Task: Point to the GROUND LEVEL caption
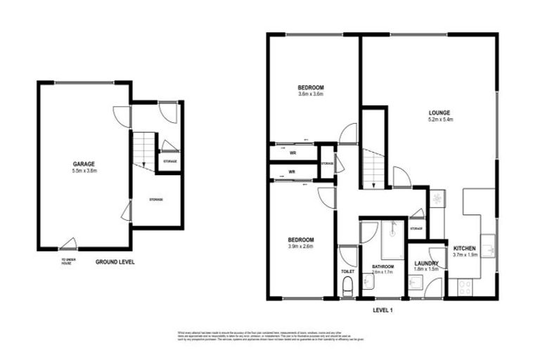(115, 262)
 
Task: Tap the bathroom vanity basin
(368, 283)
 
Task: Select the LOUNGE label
(440, 112)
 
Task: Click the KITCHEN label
(465, 248)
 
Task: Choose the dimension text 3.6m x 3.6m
(309, 94)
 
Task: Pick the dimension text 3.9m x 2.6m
(300, 246)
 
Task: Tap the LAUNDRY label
(426, 263)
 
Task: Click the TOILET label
(347, 270)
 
